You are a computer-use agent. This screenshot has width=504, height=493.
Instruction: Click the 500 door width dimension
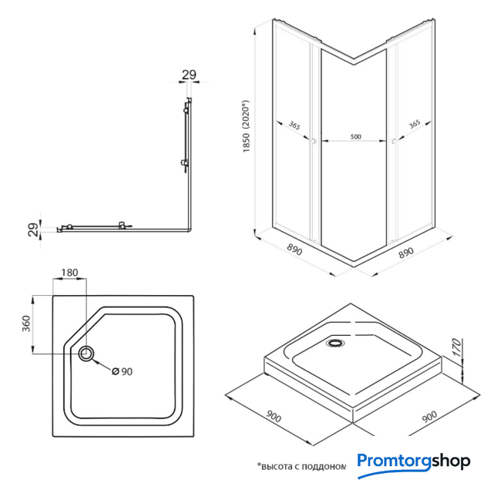(x=355, y=137)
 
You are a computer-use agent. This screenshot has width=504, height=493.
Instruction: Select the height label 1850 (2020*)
(x=246, y=126)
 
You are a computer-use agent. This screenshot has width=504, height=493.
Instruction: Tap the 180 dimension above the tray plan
(x=70, y=273)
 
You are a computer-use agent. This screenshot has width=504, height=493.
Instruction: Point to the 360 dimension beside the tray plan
(x=26, y=324)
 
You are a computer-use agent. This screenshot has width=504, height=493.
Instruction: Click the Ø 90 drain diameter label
(x=122, y=371)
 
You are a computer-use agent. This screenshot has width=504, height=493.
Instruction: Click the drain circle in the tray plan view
(x=86, y=354)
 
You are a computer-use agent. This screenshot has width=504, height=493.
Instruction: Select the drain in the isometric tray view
(x=335, y=343)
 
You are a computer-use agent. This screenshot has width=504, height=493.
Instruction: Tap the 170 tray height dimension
(x=457, y=347)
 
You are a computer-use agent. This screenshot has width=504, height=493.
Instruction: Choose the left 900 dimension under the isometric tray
(x=274, y=417)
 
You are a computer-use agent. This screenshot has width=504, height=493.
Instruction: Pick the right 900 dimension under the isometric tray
(x=429, y=417)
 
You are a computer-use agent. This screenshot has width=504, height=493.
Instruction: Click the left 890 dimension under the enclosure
(x=294, y=250)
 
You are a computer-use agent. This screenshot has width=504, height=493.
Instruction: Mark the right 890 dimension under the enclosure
(x=406, y=253)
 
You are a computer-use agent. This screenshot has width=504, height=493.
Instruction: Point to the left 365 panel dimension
(x=294, y=126)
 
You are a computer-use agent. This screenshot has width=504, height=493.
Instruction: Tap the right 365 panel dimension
(x=415, y=124)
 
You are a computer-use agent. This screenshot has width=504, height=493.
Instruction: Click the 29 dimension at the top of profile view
(x=189, y=75)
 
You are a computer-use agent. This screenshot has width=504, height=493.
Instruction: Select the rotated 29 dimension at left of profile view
(x=33, y=230)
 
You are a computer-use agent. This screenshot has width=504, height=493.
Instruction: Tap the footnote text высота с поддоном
(x=301, y=466)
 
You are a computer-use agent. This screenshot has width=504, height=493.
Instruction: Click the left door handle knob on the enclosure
(x=314, y=141)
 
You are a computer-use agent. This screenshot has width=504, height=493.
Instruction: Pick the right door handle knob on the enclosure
(x=394, y=141)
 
